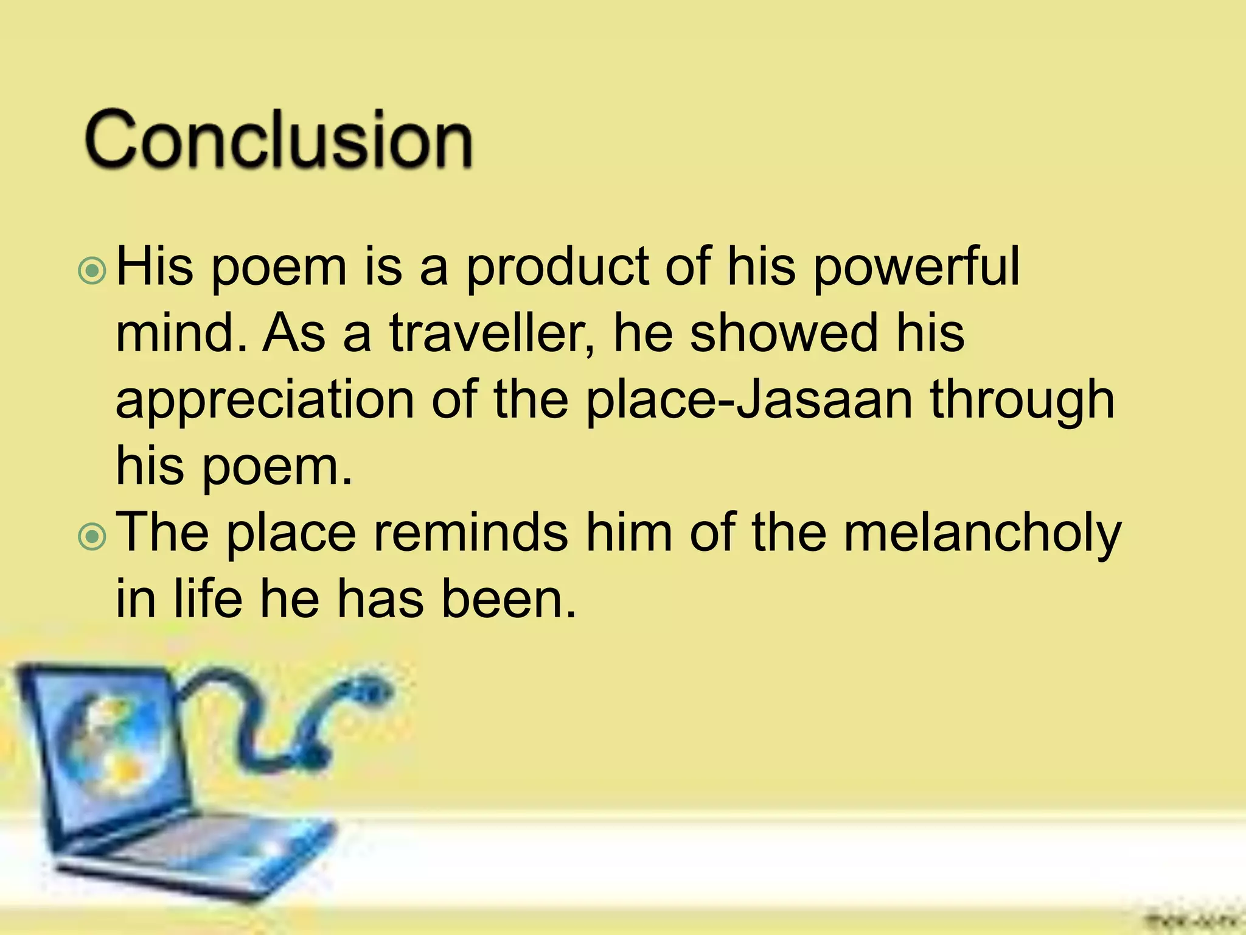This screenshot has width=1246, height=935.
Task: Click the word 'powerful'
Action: [916, 268]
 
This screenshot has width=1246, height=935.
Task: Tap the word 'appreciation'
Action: [265, 402]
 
